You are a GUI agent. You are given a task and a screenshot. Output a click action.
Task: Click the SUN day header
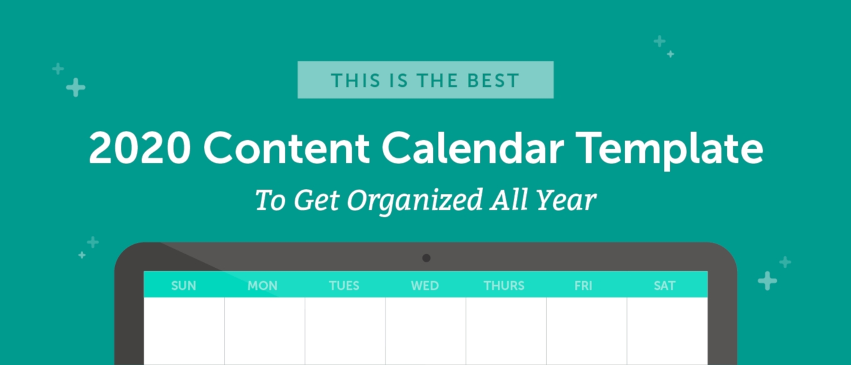183,285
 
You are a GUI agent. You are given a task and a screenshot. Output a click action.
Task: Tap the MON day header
263,285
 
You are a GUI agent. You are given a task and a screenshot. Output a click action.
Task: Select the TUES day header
344,285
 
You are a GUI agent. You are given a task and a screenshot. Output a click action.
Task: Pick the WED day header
425,285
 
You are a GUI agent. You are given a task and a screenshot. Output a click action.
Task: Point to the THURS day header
504,285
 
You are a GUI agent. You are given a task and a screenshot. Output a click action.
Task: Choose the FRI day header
583,285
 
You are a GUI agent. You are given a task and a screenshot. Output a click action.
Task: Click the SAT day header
665,285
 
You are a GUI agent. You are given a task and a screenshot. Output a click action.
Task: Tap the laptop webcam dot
426,258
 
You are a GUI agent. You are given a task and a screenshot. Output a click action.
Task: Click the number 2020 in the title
140,148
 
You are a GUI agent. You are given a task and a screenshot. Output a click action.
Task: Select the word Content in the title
287,148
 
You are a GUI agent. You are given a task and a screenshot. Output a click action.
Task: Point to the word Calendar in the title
472,148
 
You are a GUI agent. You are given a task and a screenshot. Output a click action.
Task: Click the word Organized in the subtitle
415,201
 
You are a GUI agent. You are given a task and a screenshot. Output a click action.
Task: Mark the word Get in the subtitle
317,200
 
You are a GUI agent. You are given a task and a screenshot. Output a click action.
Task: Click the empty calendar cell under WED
426,331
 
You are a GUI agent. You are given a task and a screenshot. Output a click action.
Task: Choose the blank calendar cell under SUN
184,331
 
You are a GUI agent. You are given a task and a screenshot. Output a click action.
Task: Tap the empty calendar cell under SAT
668,331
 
